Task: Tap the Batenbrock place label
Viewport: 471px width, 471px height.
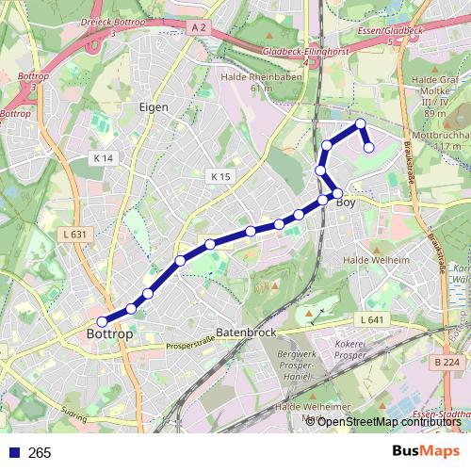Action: [246, 333]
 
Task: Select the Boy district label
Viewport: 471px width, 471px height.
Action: [346, 202]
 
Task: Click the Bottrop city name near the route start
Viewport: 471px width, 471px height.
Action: [109, 334]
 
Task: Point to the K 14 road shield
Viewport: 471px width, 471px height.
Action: [104, 158]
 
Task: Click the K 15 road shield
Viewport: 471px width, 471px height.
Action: [220, 176]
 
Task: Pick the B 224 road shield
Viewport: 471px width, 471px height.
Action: [447, 362]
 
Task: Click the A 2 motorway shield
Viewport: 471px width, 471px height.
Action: [198, 28]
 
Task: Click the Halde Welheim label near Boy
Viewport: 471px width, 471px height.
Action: [377, 260]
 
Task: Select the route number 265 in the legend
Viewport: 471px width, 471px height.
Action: [40, 453]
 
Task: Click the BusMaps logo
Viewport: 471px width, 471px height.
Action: [426, 451]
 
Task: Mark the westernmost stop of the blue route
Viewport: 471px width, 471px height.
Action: [103, 321]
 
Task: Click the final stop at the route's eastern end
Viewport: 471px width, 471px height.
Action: [369, 147]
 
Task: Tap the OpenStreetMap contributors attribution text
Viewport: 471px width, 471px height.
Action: [389, 421]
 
